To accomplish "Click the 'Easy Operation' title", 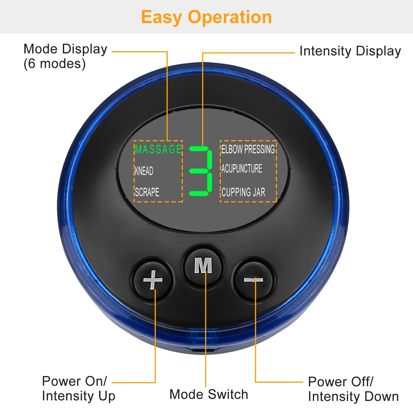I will coord(206,17).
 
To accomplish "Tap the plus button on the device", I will coord(153,280).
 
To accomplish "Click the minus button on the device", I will coord(254,280).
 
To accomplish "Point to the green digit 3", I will coord(201,171).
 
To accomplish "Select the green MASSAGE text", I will coord(158,149).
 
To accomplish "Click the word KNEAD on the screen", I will coord(144,171).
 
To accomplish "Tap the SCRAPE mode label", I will coord(147,192).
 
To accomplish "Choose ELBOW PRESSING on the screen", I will coord(248,149).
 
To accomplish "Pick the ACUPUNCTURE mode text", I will coord(242,169).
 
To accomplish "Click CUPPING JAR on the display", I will coord(243,192).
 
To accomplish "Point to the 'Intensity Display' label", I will coord(350,51).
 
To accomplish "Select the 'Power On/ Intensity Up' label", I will coord(78,389).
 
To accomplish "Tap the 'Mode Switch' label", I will coord(209,394).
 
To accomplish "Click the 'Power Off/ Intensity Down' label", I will coord(353,389).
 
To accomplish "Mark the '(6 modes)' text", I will coord(55,64).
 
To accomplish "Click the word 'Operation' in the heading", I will coord(230,17).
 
